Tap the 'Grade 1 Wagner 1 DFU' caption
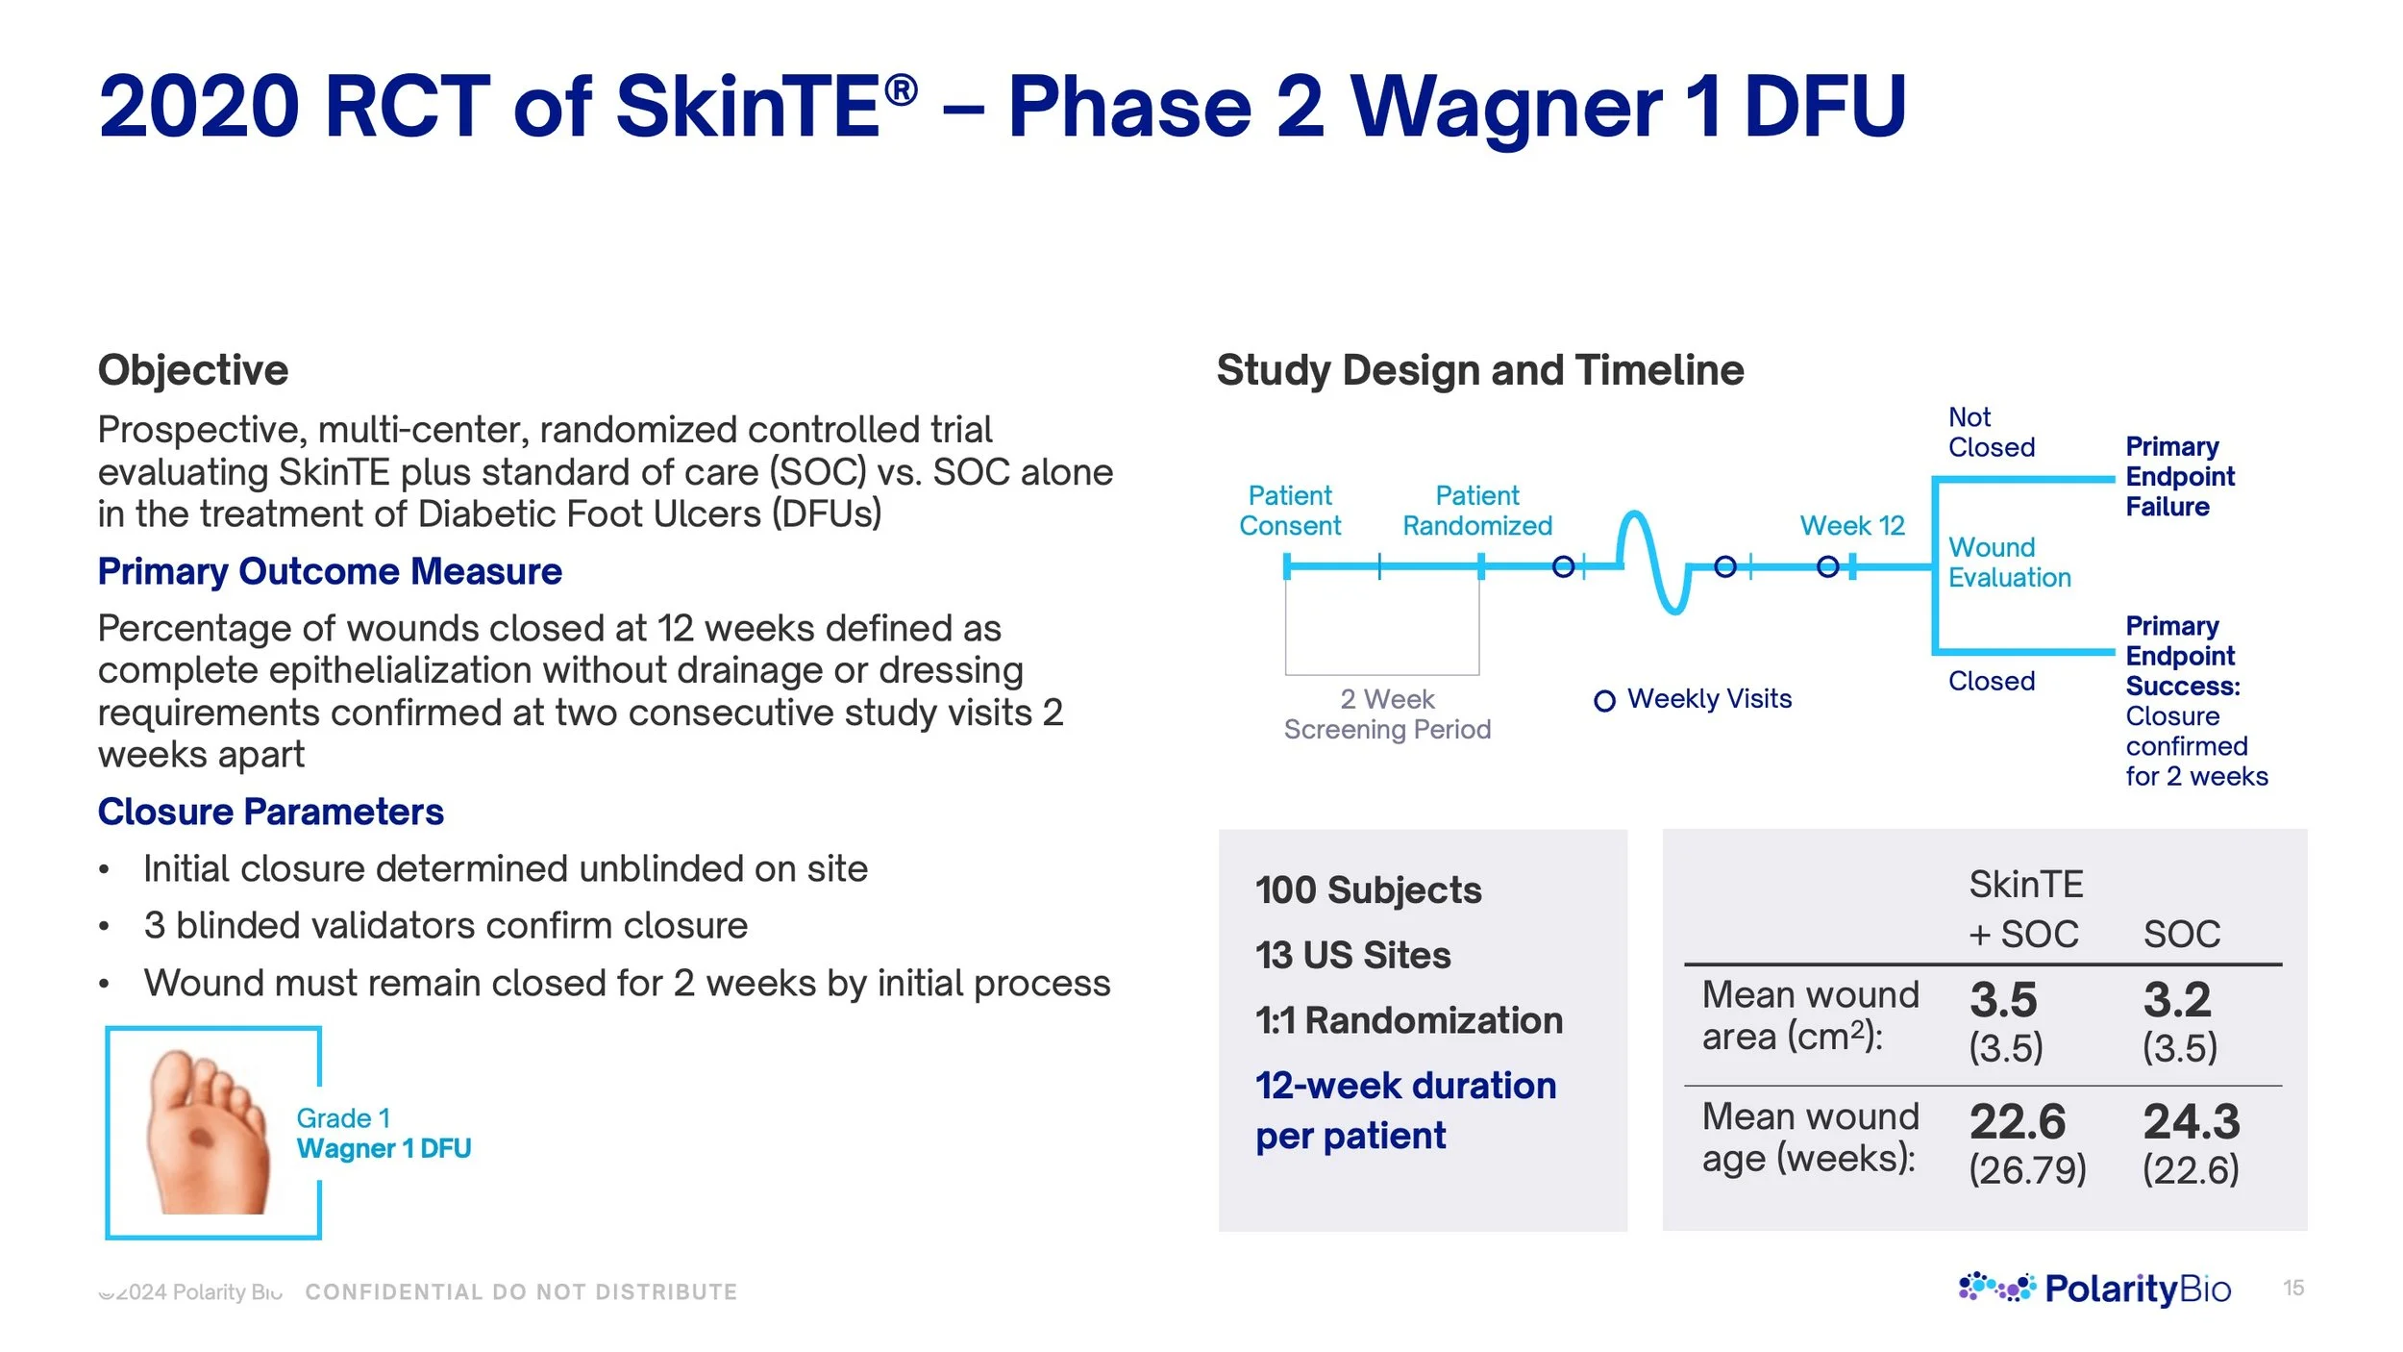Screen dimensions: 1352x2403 (383, 1133)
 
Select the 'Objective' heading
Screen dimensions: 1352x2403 (193, 370)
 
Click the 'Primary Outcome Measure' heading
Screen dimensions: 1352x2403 (330, 571)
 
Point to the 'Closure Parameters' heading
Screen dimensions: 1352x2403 (270, 812)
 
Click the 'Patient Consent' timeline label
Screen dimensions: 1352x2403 (1289, 511)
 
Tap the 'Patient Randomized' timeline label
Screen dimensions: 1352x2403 (1476, 511)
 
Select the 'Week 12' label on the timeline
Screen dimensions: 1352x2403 (1851, 525)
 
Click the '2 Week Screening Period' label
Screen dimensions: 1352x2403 (1387, 714)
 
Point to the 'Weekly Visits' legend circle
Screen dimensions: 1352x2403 (1603, 701)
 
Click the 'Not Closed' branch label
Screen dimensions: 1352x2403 (1991, 432)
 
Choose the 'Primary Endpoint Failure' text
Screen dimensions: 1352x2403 (2179, 476)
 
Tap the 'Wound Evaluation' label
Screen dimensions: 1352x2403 (2009, 562)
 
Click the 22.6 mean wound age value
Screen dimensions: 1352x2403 (2017, 1121)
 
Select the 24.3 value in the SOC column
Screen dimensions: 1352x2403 (2191, 1121)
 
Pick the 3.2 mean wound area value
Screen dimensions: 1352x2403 (2176, 1000)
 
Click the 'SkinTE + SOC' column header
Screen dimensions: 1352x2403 (2024, 909)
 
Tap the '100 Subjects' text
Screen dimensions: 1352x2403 (1368, 889)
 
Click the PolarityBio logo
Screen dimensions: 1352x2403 (2094, 1288)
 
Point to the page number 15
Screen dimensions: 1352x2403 (2292, 1288)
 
